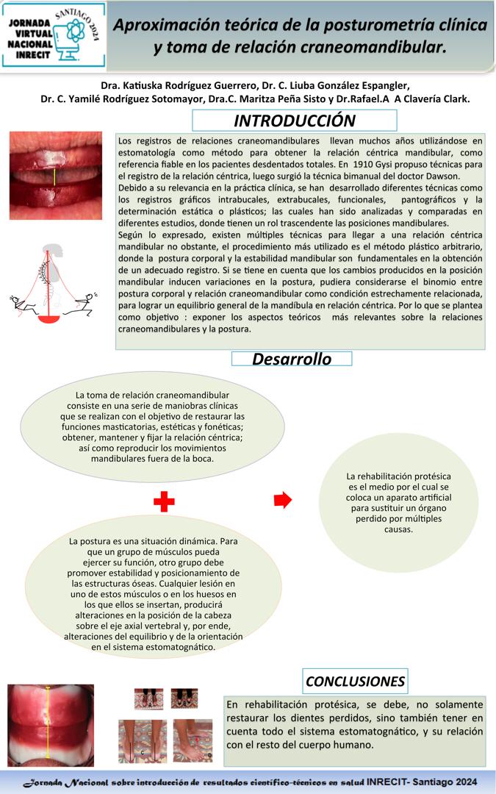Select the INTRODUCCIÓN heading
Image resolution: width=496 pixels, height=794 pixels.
294,121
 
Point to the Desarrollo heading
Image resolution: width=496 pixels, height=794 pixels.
292,359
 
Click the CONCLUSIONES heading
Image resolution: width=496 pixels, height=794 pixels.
355,681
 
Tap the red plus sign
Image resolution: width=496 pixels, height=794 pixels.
164,502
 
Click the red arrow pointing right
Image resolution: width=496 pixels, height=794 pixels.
282,500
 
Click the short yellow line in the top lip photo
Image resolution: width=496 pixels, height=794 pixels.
54,176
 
